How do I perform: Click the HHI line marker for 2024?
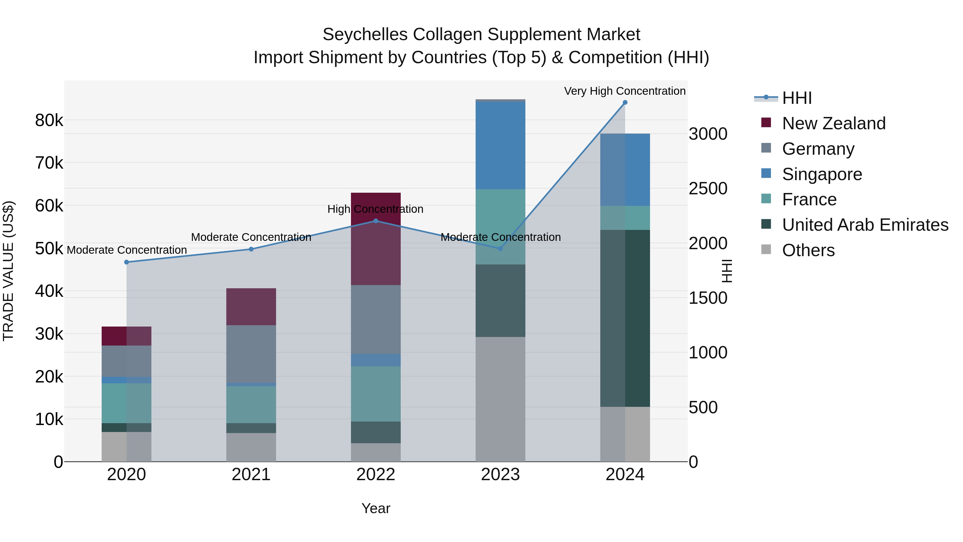pos(625,103)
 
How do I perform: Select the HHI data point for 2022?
pos(376,221)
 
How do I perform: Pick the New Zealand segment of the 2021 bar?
pos(251,306)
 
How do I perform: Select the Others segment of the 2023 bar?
pos(500,399)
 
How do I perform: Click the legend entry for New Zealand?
pos(833,123)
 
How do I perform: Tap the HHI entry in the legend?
pos(796,98)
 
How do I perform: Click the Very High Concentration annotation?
pos(624,91)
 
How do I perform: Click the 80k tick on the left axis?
pos(49,120)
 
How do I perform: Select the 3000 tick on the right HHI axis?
pos(708,134)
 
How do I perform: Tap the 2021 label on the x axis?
pos(251,475)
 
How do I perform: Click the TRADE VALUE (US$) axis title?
pos(8,270)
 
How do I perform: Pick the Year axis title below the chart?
pos(376,508)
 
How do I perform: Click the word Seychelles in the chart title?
pos(365,35)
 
